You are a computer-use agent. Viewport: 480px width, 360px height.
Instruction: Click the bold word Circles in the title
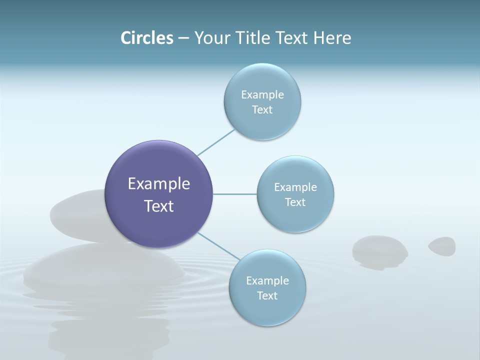click(x=147, y=38)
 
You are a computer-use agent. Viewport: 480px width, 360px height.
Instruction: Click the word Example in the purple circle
click(x=159, y=184)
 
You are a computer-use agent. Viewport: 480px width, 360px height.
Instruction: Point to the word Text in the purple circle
click(x=159, y=206)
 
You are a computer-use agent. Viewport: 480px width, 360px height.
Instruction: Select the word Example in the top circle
click(x=262, y=95)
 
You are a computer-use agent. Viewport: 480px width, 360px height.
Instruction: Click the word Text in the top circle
click(x=262, y=110)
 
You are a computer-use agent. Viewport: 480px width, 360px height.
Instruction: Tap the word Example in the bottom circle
click(x=267, y=281)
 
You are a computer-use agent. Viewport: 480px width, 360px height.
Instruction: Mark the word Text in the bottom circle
click(x=267, y=296)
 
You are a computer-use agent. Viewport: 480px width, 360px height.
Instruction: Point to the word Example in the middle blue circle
click(x=295, y=187)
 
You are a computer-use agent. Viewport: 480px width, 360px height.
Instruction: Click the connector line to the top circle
click(x=216, y=142)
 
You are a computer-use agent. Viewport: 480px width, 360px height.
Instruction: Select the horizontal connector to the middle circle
click(x=235, y=194)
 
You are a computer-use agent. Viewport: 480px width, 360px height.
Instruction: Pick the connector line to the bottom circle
click(x=219, y=246)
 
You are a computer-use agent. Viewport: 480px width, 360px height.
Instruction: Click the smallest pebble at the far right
click(x=442, y=246)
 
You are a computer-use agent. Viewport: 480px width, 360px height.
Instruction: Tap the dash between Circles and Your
click(x=183, y=38)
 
